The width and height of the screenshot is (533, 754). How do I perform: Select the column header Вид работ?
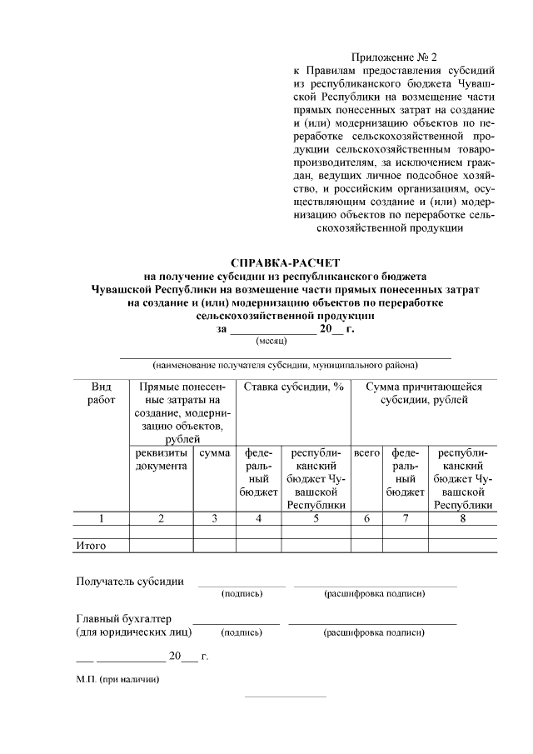click(x=101, y=393)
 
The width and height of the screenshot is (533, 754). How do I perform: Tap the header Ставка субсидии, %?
click(x=293, y=387)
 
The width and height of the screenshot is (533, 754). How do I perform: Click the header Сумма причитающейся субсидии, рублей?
click(x=424, y=393)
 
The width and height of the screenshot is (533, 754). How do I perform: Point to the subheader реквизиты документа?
click(x=161, y=459)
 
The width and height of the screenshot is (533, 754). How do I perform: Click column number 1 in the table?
click(x=101, y=518)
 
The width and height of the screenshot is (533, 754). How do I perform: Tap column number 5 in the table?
click(x=316, y=518)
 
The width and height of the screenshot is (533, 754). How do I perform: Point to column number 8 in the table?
click(x=462, y=518)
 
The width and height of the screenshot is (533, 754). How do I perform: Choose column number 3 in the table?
click(x=214, y=518)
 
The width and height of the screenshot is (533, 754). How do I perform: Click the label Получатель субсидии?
click(x=130, y=581)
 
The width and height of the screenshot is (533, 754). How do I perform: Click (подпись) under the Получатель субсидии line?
click(x=242, y=594)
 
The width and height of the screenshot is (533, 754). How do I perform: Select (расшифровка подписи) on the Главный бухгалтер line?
click(x=373, y=632)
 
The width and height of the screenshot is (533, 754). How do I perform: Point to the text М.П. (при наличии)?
click(x=117, y=680)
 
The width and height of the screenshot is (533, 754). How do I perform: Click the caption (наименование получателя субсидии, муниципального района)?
click(x=285, y=365)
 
